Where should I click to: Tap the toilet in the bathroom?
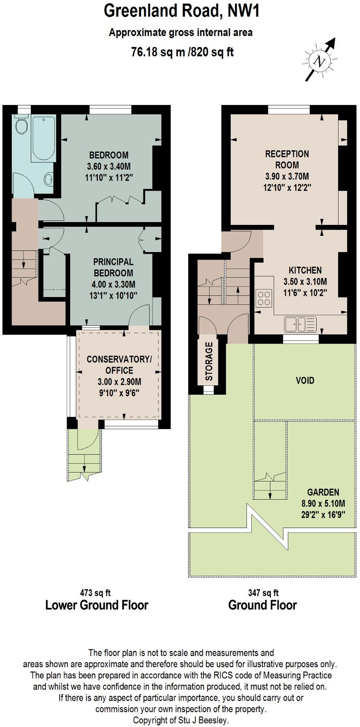click(x=21, y=126)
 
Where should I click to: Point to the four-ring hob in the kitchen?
click(x=264, y=298)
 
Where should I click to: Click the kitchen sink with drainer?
click(x=300, y=324)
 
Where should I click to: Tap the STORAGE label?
click(x=209, y=361)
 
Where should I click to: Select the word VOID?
click(x=305, y=381)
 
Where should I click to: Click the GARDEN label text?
click(x=323, y=492)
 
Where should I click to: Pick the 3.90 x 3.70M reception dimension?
click(x=287, y=176)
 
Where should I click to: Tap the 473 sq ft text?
click(x=95, y=593)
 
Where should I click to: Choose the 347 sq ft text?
click(x=263, y=593)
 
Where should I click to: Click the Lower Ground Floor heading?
click(x=96, y=605)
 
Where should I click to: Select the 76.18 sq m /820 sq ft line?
click(x=182, y=52)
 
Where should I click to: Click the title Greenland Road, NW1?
click(x=181, y=11)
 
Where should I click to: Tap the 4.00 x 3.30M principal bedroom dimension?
click(x=113, y=284)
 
